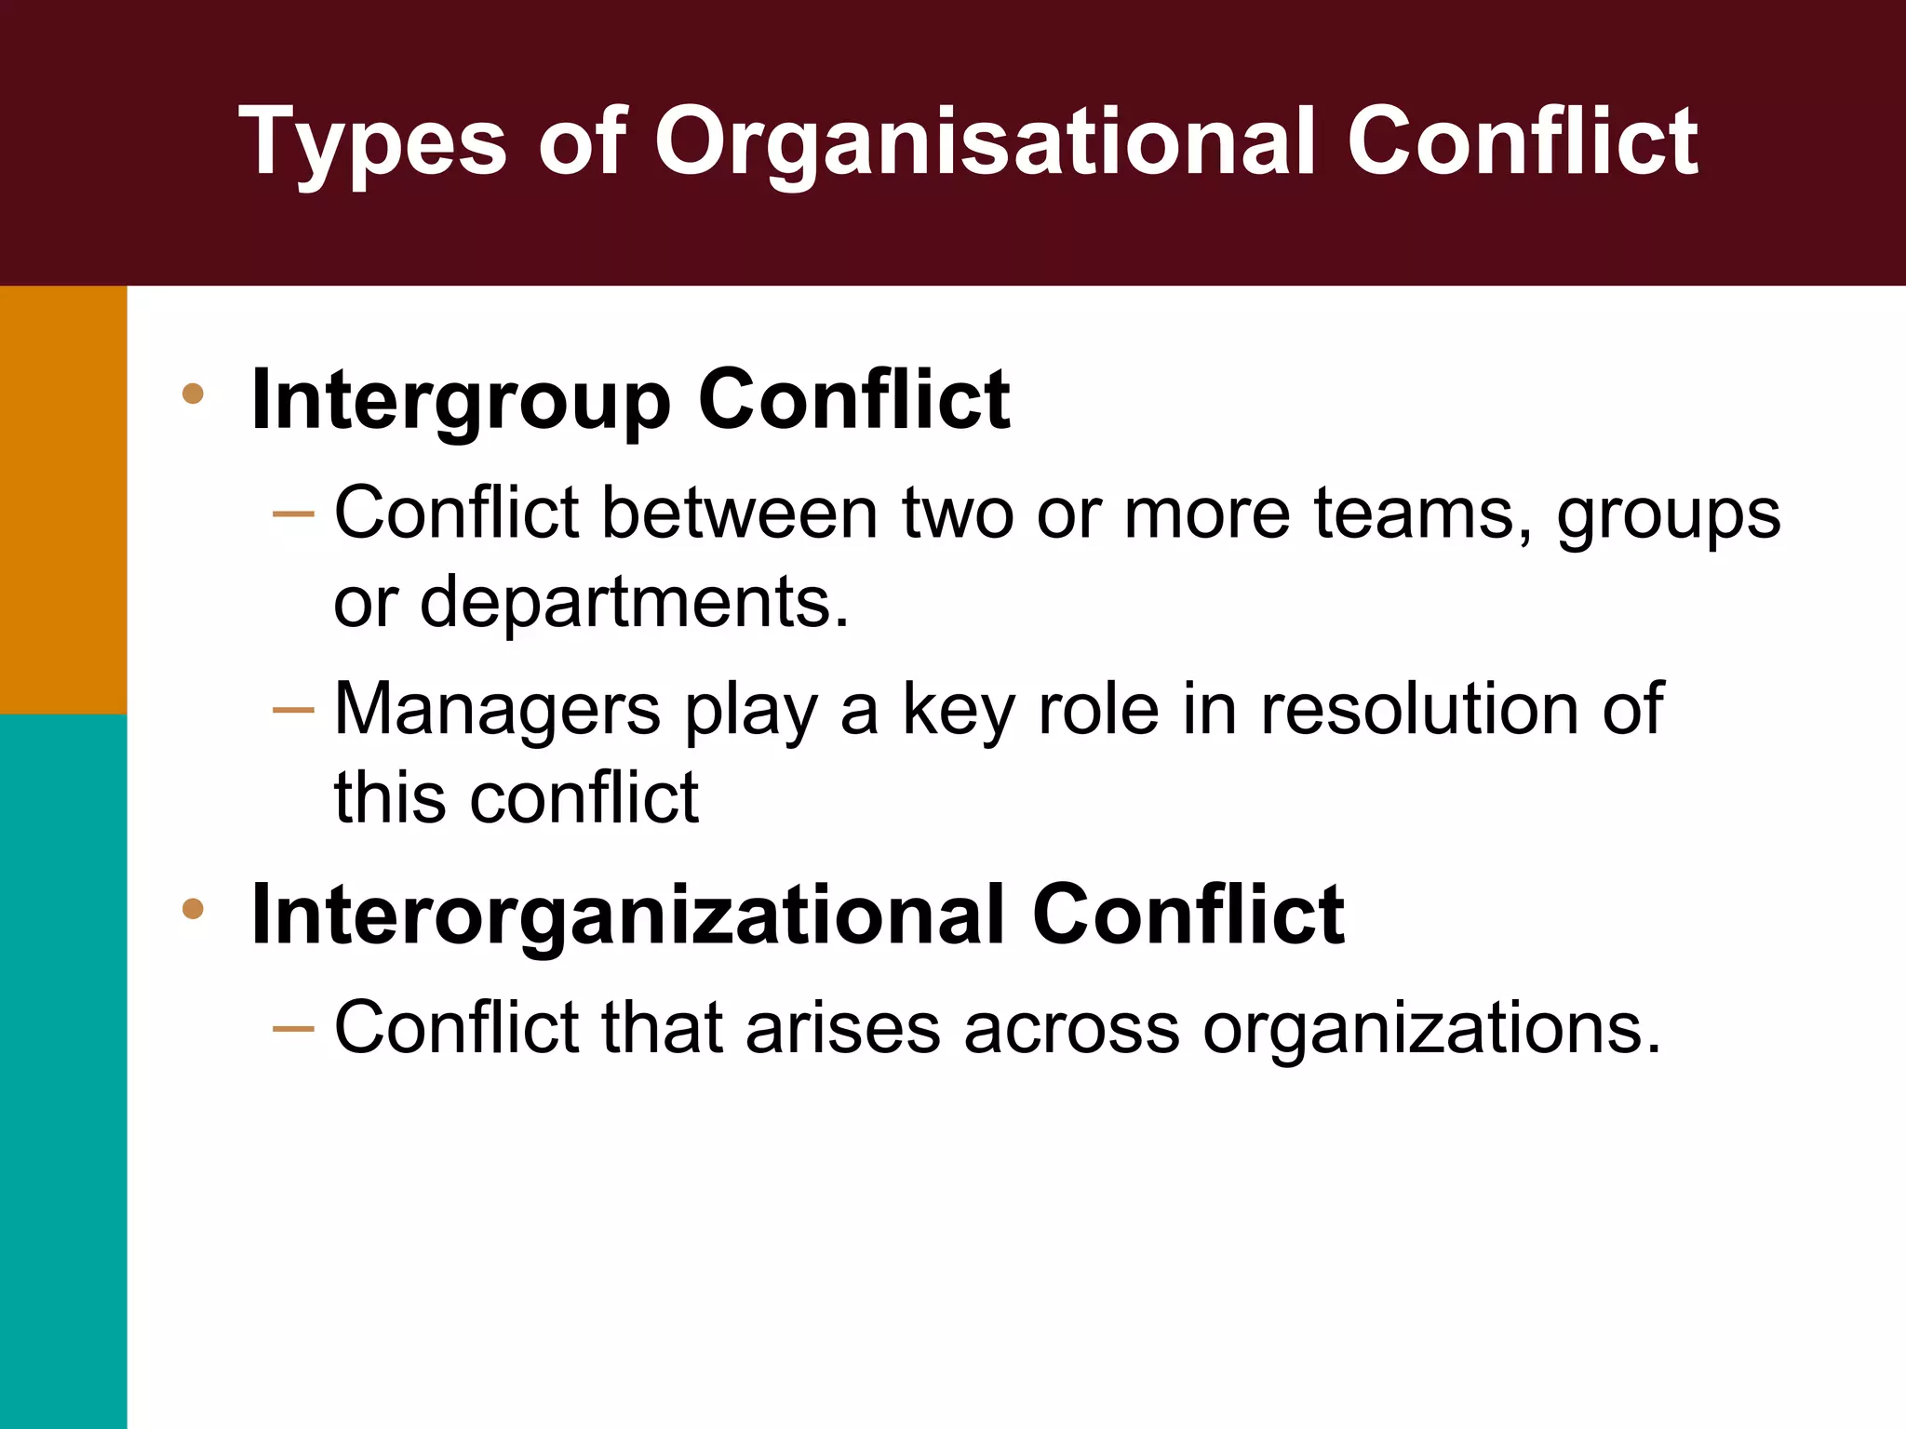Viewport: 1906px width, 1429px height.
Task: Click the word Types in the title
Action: coord(372,142)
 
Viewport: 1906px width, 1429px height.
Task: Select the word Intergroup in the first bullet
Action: coord(461,401)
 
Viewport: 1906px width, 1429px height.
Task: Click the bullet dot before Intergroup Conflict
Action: coord(194,394)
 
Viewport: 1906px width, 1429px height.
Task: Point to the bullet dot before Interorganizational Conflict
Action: coord(194,908)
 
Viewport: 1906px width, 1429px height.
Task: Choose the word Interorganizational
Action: coord(628,915)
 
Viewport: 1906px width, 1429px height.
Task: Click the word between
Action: coord(740,513)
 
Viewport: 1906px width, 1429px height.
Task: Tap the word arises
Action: coord(843,1029)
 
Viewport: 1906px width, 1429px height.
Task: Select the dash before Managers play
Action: coord(293,711)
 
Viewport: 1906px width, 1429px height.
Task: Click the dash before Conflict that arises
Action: coord(293,1028)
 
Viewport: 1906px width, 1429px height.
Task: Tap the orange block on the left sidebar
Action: coord(63,500)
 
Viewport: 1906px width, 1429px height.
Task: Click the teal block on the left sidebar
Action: coord(63,1070)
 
